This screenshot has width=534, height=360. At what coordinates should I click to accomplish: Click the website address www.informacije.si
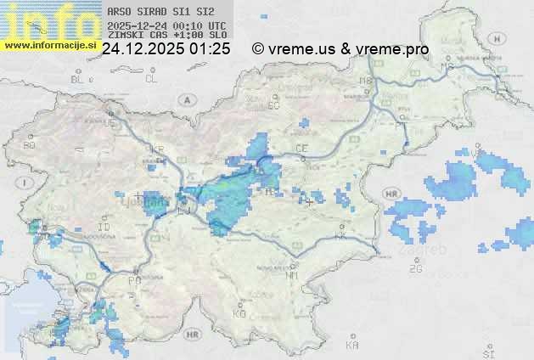pos(50,45)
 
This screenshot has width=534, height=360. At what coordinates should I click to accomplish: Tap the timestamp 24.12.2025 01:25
pos(166,49)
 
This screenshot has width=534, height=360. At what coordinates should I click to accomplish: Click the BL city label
pos(77,79)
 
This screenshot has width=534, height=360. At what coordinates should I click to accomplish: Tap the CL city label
pos(152,79)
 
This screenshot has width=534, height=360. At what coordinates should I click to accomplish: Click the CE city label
pos(301,149)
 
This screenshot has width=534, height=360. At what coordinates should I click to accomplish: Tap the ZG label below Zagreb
pos(415,269)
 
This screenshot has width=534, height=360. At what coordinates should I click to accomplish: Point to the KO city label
pos(239,313)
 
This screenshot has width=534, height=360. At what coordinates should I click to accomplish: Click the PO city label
pos(133,280)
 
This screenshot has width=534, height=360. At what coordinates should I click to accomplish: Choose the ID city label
pos(104,228)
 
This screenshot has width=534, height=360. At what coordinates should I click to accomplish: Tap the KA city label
pos(352,346)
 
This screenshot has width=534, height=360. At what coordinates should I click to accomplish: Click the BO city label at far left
pos(30,145)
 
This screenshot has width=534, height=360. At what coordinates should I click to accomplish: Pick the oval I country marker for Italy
pos(26,183)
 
